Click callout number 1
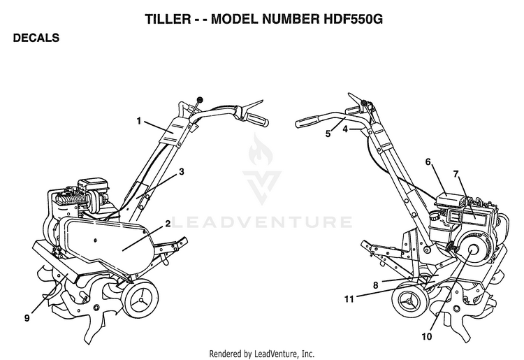tap(139, 121)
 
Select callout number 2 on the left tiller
tap(168, 223)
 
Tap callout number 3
tap(182, 172)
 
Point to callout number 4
tap(345, 129)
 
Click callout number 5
tap(328, 134)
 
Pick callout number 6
tap(428, 161)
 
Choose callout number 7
tap(456, 174)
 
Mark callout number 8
tap(376, 285)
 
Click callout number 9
tap(27, 318)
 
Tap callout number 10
tap(427, 337)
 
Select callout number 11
tap(349, 298)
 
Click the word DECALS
tap(36, 38)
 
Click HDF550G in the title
tap(354, 19)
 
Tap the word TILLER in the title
tap(168, 19)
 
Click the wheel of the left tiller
tap(140, 301)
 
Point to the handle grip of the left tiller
tap(256, 120)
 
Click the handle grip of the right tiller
tap(308, 122)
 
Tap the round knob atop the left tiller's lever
tap(200, 99)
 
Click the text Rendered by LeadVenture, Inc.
tap(262, 353)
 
